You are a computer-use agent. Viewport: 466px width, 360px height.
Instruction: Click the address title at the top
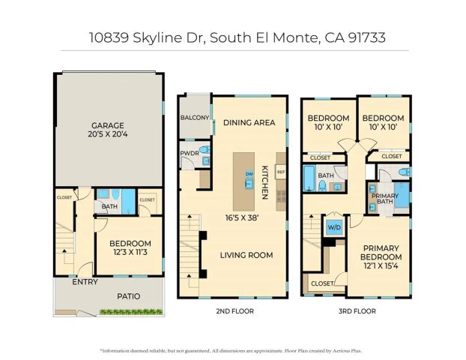click(233, 37)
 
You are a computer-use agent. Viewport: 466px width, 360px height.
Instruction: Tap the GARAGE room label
click(107, 125)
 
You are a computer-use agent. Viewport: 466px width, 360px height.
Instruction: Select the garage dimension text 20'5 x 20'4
click(107, 136)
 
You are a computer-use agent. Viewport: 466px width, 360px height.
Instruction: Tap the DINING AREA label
click(249, 122)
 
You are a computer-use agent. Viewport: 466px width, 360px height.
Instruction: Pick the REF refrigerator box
click(281, 172)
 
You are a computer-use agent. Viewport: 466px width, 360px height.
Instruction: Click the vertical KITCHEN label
click(264, 182)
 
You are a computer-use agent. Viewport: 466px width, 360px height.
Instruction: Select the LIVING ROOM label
click(246, 255)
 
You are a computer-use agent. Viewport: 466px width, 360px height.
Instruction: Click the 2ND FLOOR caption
click(232, 310)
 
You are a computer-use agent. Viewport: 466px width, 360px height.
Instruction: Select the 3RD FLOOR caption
click(355, 310)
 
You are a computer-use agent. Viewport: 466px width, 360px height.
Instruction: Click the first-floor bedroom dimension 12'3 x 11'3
click(130, 253)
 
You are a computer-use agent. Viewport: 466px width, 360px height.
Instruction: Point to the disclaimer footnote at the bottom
click(233, 350)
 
